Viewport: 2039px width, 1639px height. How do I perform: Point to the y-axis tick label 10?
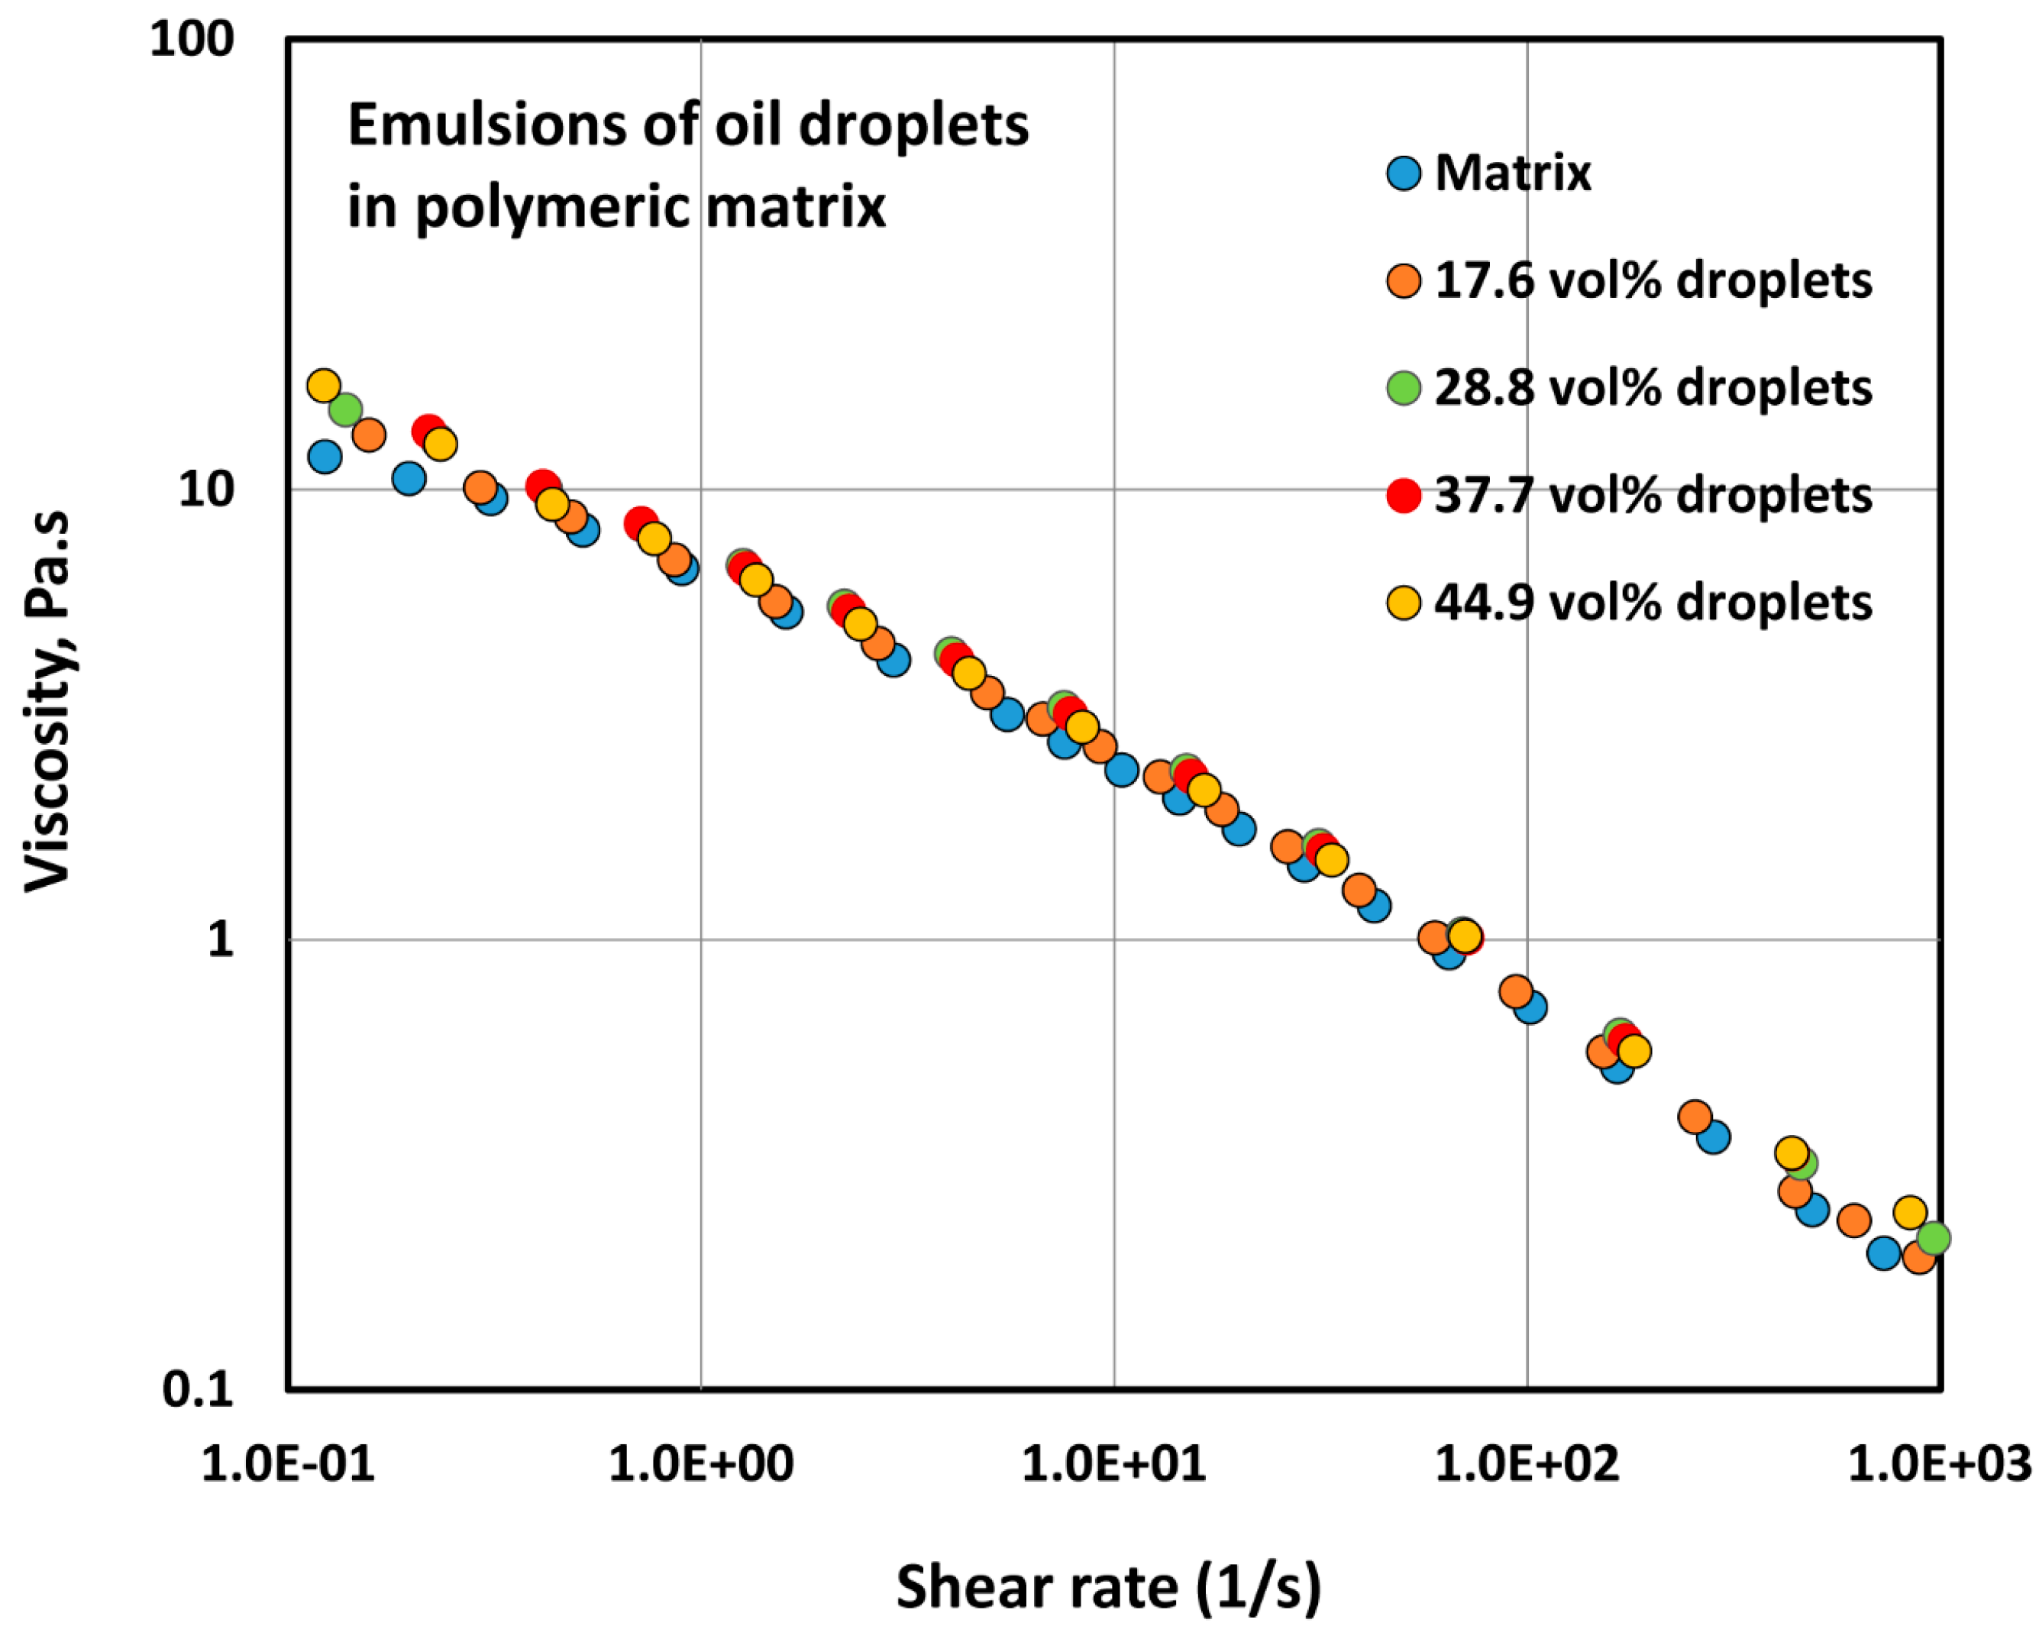(x=205, y=490)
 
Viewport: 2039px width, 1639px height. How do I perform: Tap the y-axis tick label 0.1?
(x=198, y=1389)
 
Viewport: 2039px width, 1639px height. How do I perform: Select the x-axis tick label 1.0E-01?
(x=289, y=1465)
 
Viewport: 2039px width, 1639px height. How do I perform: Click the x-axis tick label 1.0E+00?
(x=701, y=1465)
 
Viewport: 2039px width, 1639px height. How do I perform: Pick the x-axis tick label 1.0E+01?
(x=1114, y=1465)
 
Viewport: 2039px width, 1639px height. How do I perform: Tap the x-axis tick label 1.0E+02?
(x=1527, y=1465)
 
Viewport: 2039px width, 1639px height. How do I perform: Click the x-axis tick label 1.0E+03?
(x=1939, y=1465)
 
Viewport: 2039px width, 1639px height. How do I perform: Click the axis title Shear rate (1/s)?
(x=1108, y=1586)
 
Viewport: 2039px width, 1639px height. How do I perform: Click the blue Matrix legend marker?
(x=1404, y=174)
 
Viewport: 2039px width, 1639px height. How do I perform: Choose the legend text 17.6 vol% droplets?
(x=1653, y=281)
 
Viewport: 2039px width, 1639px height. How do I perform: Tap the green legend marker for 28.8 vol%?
(x=1404, y=388)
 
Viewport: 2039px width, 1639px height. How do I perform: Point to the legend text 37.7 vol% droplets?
(x=1653, y=496)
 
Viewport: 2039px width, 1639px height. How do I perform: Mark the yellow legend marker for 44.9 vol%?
(x=1404, y=603)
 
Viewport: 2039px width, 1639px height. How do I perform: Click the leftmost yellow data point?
(x=324, y=385)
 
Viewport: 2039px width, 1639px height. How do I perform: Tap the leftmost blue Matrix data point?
(x=325, y=457)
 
